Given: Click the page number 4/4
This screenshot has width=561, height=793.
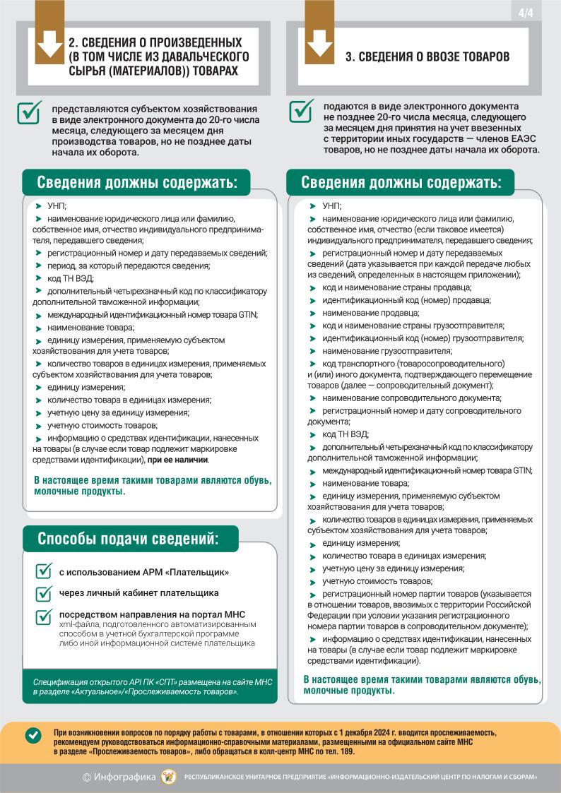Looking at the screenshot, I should coord(526,13).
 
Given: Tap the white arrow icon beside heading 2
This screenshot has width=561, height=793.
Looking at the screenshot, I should coord(49,42).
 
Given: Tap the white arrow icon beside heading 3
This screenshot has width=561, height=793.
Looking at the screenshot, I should coord(319,42).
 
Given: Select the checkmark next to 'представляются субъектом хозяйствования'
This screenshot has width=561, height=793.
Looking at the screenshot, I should coord(29,113).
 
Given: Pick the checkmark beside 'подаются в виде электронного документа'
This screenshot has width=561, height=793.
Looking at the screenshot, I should coord(302,110).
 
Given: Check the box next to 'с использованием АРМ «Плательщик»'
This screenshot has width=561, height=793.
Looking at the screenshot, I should coord(44,571).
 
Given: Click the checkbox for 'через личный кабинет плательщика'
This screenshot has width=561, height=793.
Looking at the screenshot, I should coord(44,593).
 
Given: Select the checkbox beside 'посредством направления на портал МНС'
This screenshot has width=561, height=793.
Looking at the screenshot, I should coord(44,616).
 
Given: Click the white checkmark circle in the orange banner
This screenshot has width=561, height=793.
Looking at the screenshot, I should coord(33,735).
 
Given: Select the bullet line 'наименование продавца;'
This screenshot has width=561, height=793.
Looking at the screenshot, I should coord(360,313).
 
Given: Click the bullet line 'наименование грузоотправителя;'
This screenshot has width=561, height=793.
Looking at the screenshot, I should coord(386,351).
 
